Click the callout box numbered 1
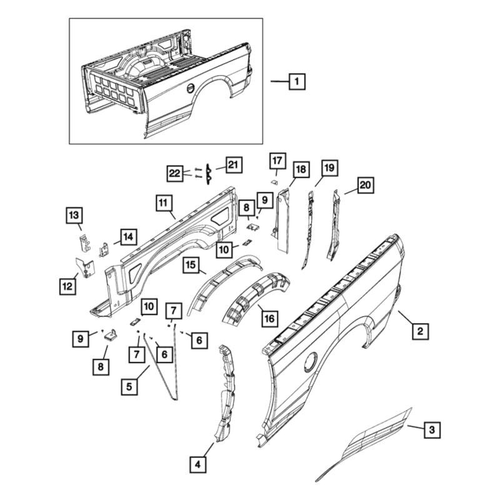[297, 81]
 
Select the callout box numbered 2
[419, 330]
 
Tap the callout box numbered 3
[432, 430]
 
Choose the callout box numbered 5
[129, 386]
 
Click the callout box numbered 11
[163, 202]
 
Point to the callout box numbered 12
[67, 286]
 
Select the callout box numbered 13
[74, 216]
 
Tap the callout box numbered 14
[127, 237]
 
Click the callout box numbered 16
[269, 318]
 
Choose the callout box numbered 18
[301, 169]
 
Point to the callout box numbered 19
[329, 168]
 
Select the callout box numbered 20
[364, 184]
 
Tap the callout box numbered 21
[233, 165]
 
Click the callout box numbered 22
[176, 173]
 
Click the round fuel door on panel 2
[309, 362]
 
